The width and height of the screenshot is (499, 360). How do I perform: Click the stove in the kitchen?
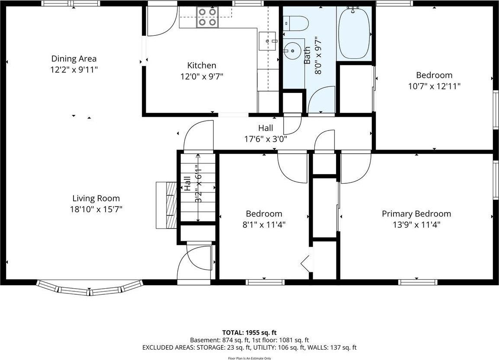click(207, 17)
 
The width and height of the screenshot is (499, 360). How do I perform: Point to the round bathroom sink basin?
click(293, 51)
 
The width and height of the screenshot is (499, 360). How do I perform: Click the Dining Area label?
click(74, 59)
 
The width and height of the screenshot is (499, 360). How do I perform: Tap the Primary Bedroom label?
click(416, 213)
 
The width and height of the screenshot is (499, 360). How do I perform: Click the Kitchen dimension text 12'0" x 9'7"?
click(202, 77)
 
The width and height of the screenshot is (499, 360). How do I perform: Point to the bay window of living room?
click(90, 289)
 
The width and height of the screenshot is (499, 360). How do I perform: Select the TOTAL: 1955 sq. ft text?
click(249, 333)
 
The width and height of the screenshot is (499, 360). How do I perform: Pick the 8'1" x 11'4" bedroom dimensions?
click(264, 225)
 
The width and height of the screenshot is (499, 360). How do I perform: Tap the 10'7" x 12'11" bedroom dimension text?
click(434, 86)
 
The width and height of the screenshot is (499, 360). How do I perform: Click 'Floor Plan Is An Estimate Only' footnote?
click(249, 358)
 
